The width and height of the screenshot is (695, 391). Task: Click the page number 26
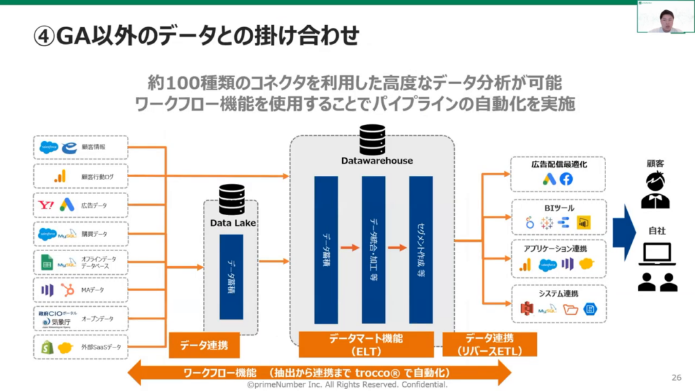pos(675,377)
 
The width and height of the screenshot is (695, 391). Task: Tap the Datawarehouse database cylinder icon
pos(371,140)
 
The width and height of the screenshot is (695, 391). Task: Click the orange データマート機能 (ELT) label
pos(367,344)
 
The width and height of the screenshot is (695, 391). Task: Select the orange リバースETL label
pos(489,344)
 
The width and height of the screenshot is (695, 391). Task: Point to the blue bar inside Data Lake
pos(231,277)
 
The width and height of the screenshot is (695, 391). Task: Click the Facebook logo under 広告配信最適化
pos(566,179)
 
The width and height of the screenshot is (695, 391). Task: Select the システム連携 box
pos(558,303)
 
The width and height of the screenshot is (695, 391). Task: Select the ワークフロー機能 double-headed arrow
pos(319,373)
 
